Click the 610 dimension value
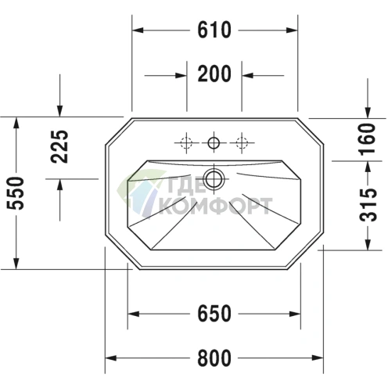point(214,30)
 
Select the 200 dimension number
point(214,74)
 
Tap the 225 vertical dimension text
point(59,146)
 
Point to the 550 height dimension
point(15,193)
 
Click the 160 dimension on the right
point(368,139)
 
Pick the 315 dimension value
point(368,205)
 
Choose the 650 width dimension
point(214,313)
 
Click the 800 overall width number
point(214,358)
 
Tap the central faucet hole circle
point(214,142)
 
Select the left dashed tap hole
point(187,142)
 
